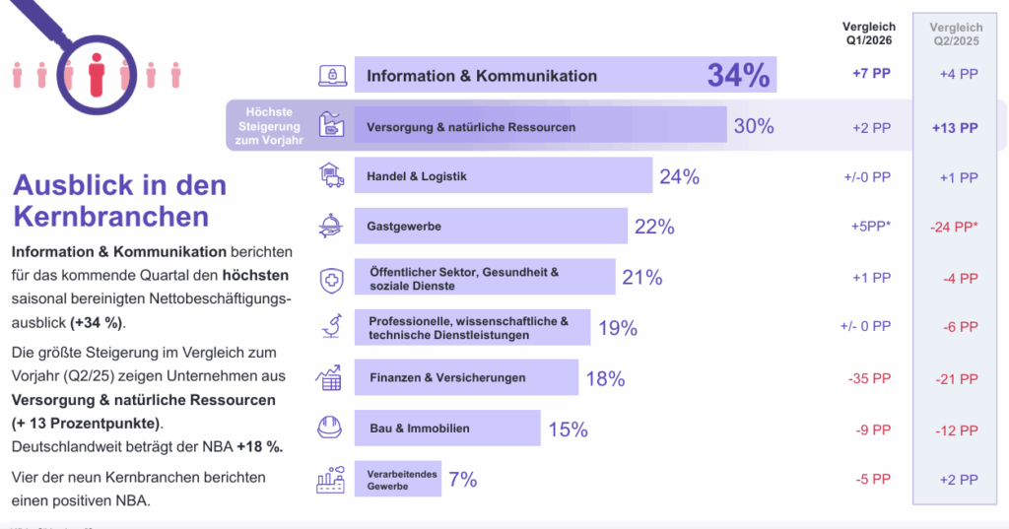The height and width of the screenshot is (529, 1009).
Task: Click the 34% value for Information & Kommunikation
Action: (x=738, y=75)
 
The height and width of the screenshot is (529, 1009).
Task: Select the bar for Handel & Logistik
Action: (x=503, y=176)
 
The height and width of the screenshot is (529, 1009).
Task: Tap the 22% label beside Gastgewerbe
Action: (x=654, y=227)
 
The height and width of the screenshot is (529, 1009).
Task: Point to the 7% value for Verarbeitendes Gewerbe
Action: (x=462, y=480)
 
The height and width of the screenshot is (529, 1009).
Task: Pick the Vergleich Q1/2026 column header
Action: (x=869, y=34)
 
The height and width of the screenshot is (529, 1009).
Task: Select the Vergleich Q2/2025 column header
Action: (x=955, y=35)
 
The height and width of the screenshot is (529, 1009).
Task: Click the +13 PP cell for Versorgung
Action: (x=955, y=128)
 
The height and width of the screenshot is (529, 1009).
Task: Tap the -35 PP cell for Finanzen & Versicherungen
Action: (x=869, y=378)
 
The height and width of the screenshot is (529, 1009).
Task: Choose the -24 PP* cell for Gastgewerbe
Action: (x=955, y=228)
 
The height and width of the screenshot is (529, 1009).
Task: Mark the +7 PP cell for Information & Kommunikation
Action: (x=871, y=75)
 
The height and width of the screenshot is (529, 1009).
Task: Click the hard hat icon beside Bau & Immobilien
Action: (x=329, y=428)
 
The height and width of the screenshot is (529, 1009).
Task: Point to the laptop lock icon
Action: (x=331, y=75)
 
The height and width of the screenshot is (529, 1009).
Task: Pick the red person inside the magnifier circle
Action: (x=96, y=75)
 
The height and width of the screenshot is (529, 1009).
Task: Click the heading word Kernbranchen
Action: (x=110, y=216)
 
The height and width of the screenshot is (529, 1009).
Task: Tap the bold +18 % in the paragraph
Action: (x=260, y=446)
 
